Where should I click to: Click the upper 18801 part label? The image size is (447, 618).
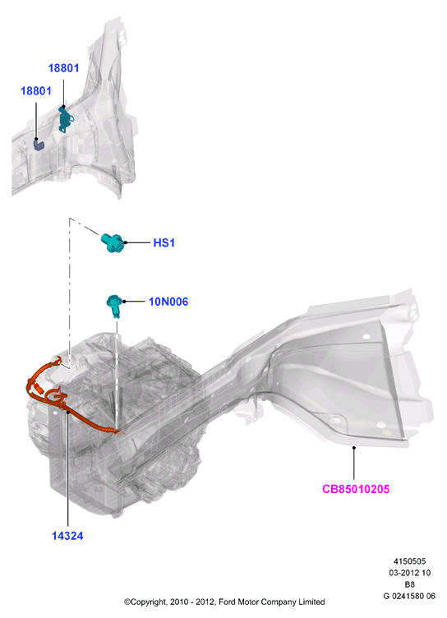(63, 68)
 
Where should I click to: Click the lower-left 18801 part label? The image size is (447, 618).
(36, 91)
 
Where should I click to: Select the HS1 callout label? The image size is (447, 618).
(164, 242)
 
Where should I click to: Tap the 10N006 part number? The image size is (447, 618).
(168, 302)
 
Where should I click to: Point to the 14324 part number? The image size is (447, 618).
(67, 536)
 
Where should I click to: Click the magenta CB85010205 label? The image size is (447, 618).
(356, 489)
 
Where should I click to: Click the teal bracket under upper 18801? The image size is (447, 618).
(65, 118)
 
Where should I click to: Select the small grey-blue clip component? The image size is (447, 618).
(39, 145)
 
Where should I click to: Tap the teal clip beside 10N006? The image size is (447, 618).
(114, 305)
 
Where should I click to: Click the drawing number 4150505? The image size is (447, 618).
(409, 561)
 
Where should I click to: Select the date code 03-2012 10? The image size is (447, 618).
(409, 573)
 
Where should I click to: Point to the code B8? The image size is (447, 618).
(409, 584)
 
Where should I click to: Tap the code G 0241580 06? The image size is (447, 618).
(409, 596)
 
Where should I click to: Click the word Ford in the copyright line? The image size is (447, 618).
(227, 602)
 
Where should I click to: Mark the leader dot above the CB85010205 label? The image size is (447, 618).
(354, 448)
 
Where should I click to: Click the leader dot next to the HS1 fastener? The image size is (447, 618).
(126, 242)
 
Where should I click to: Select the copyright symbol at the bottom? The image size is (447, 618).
(127, 602)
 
